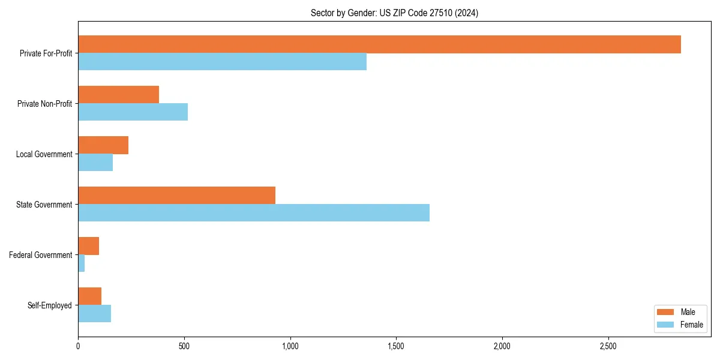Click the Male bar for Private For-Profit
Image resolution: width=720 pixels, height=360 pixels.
tap(379, 44)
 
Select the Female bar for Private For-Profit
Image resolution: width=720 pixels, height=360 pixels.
tap(222, 62)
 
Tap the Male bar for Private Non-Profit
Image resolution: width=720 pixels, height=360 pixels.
tap(118, 95)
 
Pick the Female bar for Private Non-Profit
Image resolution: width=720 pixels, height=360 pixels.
tap(133, 112)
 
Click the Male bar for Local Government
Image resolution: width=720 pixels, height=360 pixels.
tap(103, 145)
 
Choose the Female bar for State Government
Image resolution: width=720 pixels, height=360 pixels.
tap(254, 213)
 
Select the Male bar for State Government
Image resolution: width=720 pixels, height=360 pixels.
tap(176, 196)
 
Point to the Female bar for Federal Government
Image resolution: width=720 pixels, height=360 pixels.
tap(82, 263)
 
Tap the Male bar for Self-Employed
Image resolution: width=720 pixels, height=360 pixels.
tap(89, 296)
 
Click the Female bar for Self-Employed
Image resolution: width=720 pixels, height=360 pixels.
tap(94, 314)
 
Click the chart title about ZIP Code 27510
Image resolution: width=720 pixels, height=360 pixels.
tap(394, 13)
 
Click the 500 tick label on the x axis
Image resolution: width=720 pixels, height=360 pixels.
tap(184, 346)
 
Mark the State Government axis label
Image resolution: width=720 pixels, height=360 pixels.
tap(44, 205)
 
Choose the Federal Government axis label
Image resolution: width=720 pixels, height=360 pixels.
tap(41, 255)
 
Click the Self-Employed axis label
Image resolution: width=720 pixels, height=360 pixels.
tap(50, 305)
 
